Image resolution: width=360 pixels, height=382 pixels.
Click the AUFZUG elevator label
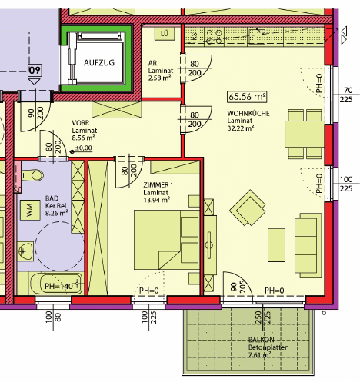pyautogui.click(x=99, y=63)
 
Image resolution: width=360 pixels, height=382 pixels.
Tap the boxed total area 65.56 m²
pyautogui.click(x=247, y=97)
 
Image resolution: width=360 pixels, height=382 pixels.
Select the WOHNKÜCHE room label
pyautogui.click(x=248, y=113)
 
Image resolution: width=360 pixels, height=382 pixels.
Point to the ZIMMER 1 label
pyautogui.click(x=158, y=185)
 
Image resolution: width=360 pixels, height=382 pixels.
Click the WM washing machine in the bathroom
pyautogui.click(x=30, y=210)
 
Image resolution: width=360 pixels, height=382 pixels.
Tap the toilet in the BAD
pyautogui.click(x=32, y=175)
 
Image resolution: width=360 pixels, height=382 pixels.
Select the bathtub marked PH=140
pyautogui.click(x=56, y=284)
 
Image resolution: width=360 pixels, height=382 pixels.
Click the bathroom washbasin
pyautogui.click(x=25, y=251)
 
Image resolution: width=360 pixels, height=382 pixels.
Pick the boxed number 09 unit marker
pyautogui.click(x=35, y=70)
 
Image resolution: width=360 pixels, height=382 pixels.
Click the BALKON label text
pyautogui.click(x=261, y=340)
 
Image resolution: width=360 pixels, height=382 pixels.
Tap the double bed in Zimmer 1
pyautogui.click(x=167, y=240)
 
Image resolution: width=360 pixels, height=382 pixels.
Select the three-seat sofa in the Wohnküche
pyautogui.click(x=308, y=245)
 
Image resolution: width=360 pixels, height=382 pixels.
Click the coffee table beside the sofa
pyautogui.click(x=276, y=245)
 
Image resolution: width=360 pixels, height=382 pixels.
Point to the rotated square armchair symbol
pyautogui.click(x=248, y=208)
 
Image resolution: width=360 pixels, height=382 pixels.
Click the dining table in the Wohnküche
pyautogui.click(x=305, y=134)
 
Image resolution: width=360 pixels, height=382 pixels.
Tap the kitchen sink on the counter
pyautogui.click(x=256, y=36)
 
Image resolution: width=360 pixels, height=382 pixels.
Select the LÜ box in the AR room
pyautogui.click(x=165, y=34)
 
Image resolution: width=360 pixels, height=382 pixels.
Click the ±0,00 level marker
pyautogui.click(x=82, y=148)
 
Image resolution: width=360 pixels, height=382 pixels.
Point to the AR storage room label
pyautogui.click(x=152, y=63)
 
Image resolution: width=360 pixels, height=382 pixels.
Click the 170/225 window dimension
pyautogui.click(x=346, y=95)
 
